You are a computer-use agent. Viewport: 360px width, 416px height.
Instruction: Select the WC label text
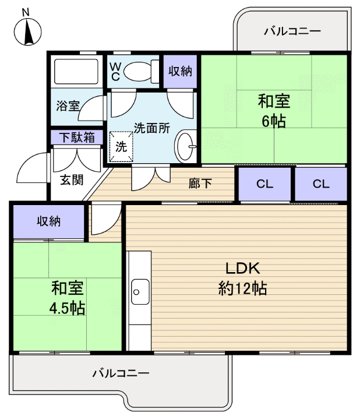click(x=115, y=71)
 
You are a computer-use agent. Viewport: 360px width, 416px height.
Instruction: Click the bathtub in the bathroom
click(x=75, y=71)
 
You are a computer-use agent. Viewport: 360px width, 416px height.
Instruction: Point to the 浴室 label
click(x=68, y=106)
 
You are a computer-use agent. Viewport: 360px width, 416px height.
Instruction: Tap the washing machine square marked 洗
click(x=121, y=146)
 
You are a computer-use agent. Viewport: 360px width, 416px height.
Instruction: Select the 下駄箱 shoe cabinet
click(x=77, y=137)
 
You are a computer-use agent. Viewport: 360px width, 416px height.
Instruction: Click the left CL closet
click(x=264, y=184)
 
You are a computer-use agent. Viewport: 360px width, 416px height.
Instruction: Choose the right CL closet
click(x=320, y=184)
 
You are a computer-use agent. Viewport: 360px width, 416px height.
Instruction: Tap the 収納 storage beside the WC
click(x=181, y=71)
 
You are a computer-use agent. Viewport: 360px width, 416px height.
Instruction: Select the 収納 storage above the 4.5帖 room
click(x=50, y=221)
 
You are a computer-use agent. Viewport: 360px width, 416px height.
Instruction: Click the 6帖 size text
click(x=274, y=122)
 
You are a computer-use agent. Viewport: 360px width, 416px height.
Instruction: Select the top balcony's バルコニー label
click(x=292, y=31)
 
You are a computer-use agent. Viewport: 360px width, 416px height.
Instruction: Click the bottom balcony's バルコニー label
click(x=121, y=373)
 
